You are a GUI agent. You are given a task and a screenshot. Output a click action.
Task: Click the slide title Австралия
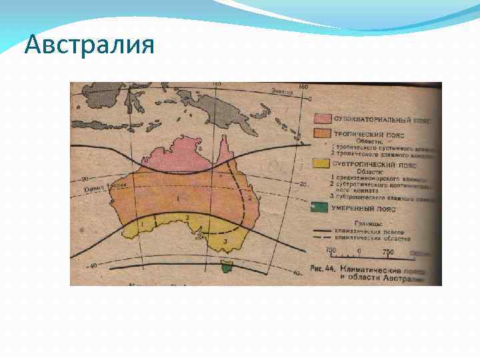(89, 45)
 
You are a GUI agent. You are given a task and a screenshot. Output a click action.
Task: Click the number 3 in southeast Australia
(225, 240)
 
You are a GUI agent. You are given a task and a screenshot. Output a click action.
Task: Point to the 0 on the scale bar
(360, 251)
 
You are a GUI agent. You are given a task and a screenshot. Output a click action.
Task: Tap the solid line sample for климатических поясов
(327, 231)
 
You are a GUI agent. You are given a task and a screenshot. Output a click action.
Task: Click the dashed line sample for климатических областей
(327, 238)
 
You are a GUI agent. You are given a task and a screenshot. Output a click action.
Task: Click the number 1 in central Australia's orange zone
(177, 198)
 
